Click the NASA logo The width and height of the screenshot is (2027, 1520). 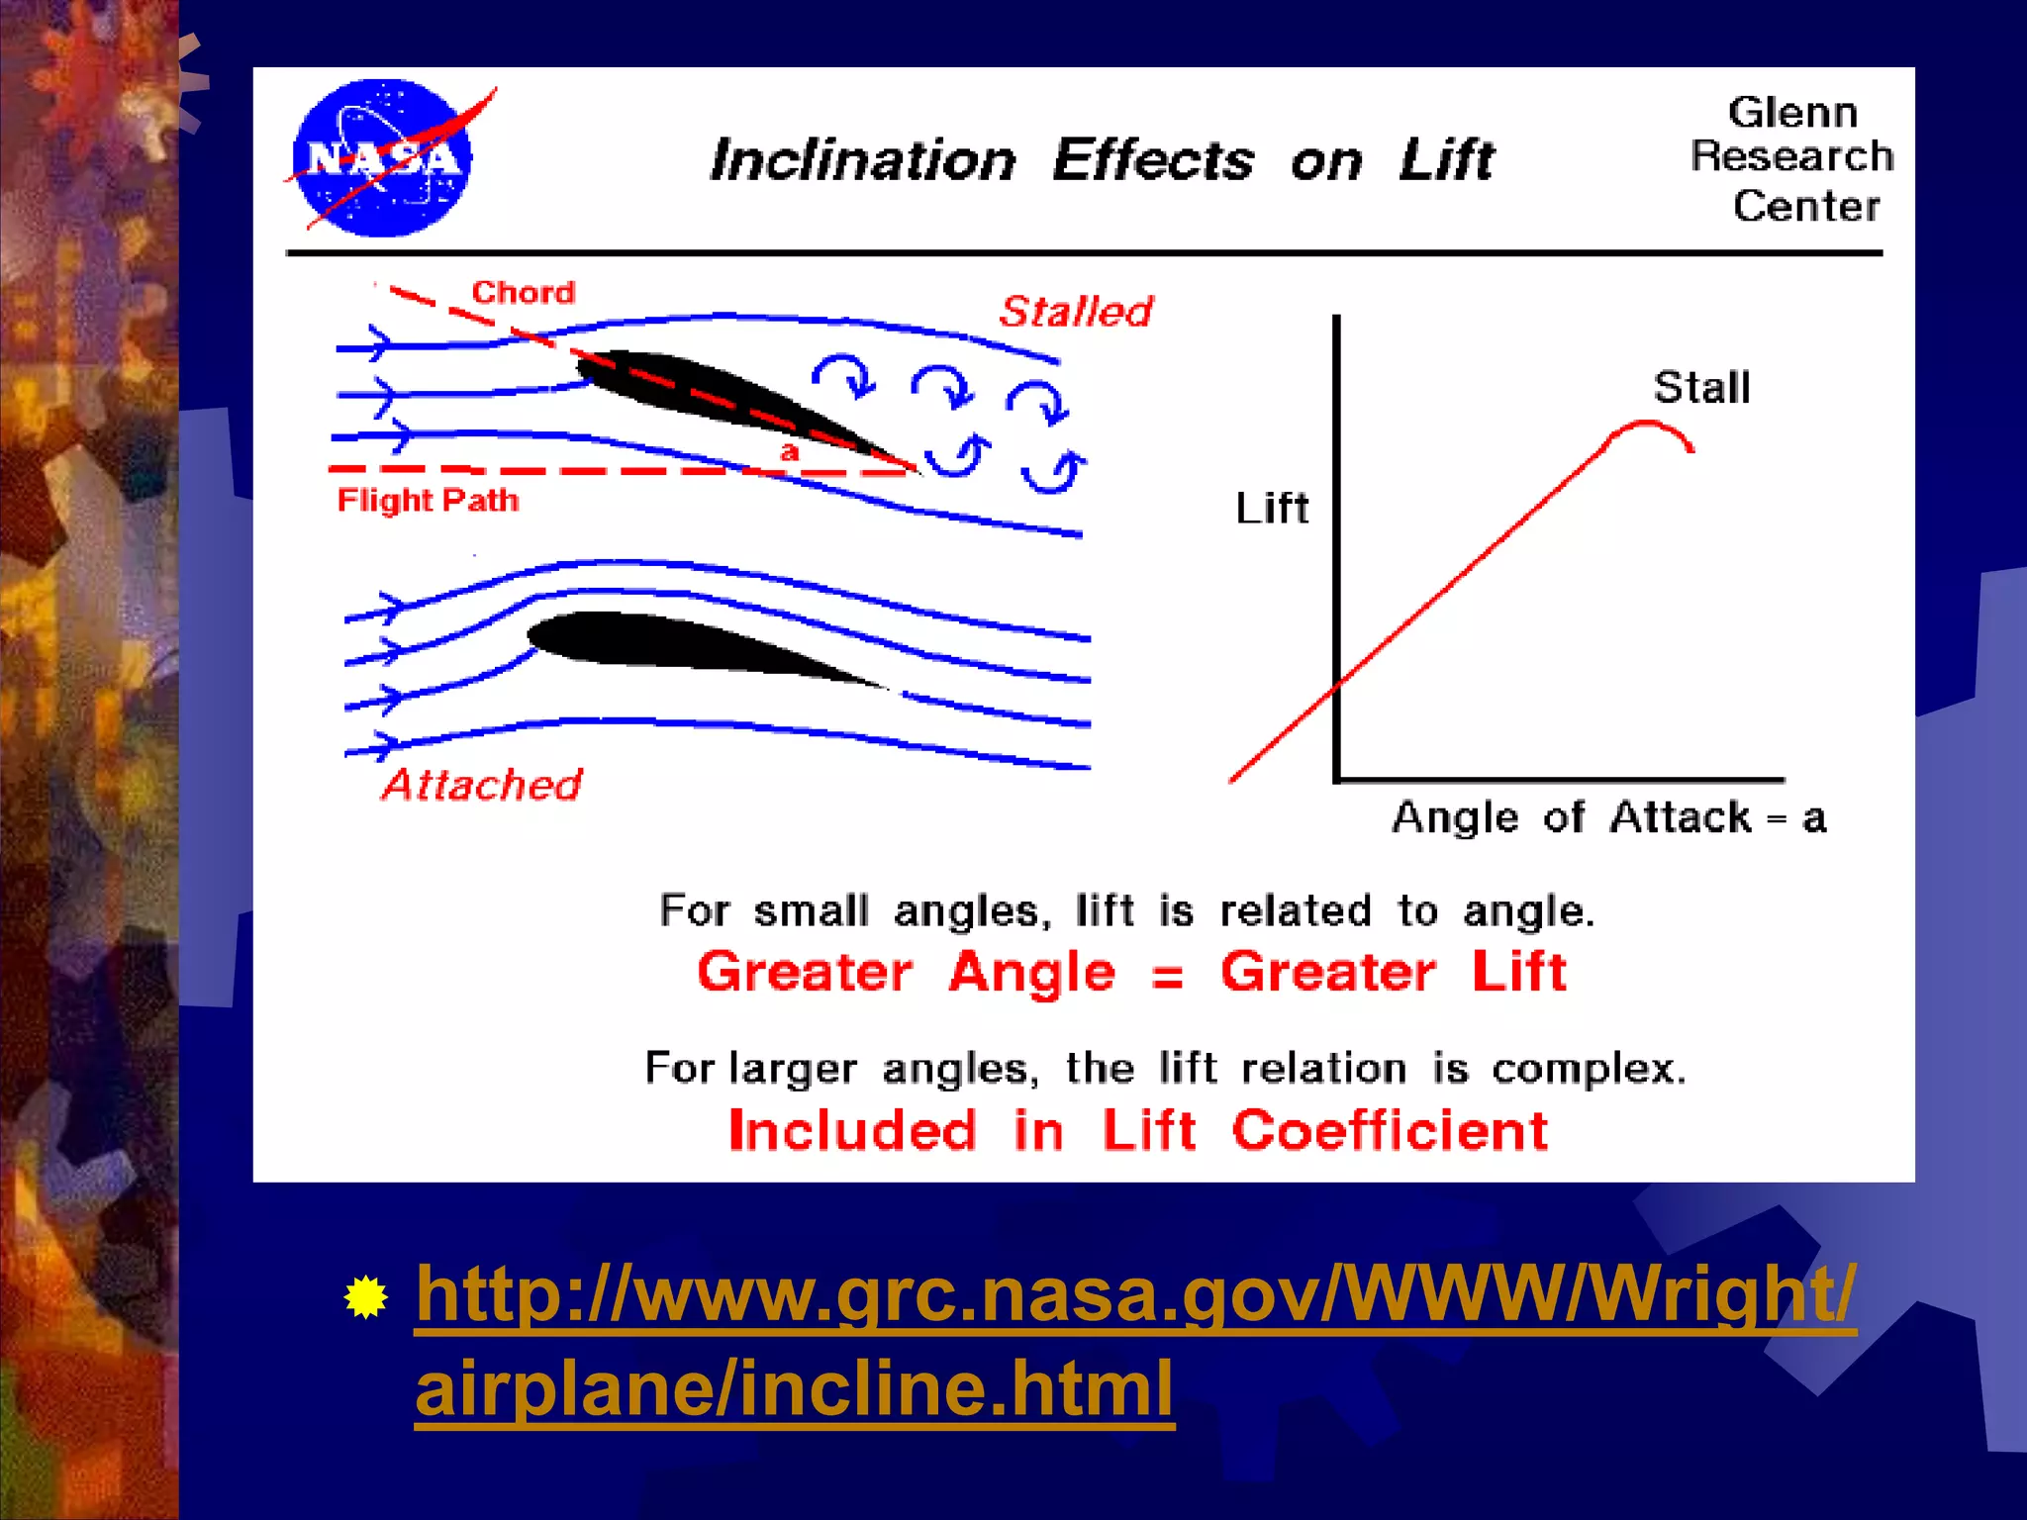384,158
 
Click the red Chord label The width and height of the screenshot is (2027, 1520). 523,292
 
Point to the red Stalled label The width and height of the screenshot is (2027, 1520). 1076,312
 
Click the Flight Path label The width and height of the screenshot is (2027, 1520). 428,500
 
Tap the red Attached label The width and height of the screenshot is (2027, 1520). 482,785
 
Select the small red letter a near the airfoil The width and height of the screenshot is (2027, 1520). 789,452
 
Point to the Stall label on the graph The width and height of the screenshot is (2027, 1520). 1701,387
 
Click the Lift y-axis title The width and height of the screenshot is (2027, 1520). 1272,509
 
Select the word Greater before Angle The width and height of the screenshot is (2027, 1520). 805,972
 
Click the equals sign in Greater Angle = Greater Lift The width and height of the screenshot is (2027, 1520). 1168,977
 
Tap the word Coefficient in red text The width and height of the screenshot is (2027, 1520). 1390,1130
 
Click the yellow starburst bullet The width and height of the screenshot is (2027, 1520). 366,1297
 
